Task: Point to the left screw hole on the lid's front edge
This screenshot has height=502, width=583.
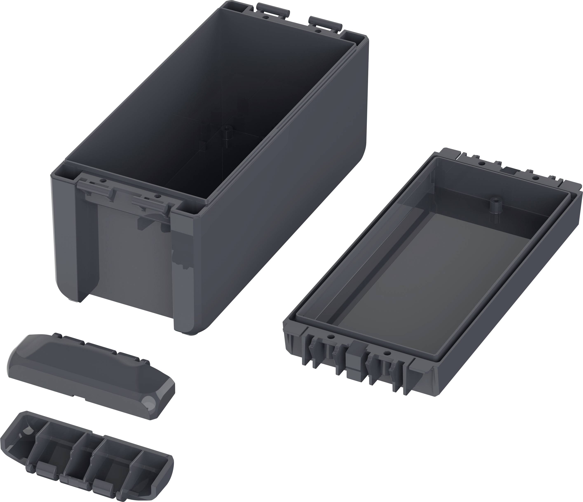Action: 331,337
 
